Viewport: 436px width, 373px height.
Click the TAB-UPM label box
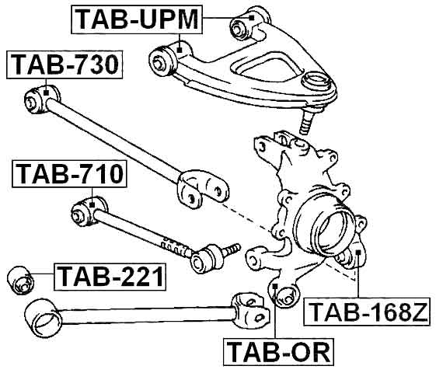(x=137, y=19)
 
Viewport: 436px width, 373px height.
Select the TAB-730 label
(x=65, y=66)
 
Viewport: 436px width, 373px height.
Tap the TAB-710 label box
(x=69, y=175)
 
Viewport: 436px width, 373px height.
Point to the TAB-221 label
(x=110, y=274)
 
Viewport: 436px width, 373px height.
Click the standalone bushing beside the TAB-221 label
(x=19, y=279)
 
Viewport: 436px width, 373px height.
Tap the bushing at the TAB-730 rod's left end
(x=36, y=98)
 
